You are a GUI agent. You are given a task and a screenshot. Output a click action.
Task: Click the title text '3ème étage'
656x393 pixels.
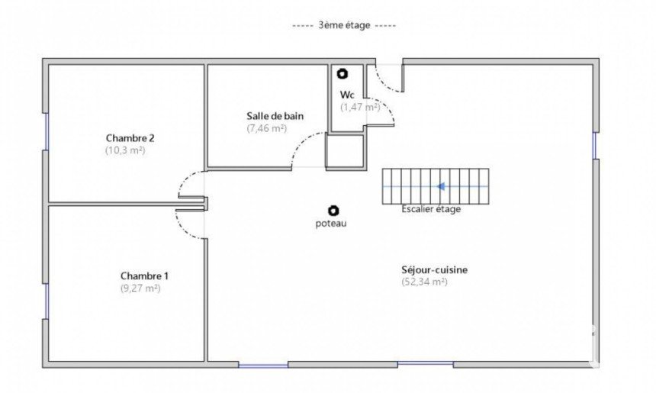[344, 25]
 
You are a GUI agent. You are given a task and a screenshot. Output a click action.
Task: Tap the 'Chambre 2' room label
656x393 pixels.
[127, 138]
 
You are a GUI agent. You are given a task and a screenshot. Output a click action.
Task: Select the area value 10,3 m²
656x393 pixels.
[125, 150]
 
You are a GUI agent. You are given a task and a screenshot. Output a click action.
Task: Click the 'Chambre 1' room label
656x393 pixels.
[144, 276]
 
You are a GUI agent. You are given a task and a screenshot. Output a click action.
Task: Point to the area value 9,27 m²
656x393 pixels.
[140, 288]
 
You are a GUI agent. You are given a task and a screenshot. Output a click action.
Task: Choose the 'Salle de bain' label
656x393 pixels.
[275, 116]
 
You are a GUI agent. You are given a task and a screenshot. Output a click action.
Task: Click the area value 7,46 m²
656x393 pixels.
[267, 128]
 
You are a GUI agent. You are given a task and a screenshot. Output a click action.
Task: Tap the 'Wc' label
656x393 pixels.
[347, 95]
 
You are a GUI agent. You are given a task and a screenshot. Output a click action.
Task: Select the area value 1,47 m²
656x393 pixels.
[360, 107]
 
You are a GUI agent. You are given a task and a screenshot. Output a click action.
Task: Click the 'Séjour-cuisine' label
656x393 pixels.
[435, 270]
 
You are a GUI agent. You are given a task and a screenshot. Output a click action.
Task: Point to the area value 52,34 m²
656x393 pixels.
[425, 282]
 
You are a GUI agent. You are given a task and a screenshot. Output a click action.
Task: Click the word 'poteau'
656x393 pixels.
[331, 224]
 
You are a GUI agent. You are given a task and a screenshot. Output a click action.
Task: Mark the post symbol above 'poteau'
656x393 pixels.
[333, 210]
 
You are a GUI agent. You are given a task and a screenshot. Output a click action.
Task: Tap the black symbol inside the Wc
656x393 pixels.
[342, 74]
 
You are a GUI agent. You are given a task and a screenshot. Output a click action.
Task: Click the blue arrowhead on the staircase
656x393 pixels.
[441, 186]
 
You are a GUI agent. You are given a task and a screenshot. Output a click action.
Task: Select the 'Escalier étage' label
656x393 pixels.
[431, 209]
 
